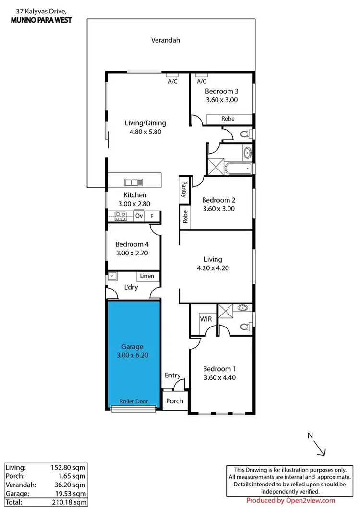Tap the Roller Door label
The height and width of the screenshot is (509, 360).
pyautogui.click(x=133, y=401)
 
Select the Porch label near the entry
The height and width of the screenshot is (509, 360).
pyautogui.click(x=174, y=401)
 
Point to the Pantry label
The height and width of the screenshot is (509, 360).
pyautogui.click(x=184, y=189)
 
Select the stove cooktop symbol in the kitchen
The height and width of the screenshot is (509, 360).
pyautogui.click(x=120, y=217)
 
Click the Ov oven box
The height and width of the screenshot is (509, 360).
pyautogui.click(x=139, y=217)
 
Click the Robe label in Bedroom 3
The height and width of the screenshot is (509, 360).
pyautogui.click(x=228, y=119)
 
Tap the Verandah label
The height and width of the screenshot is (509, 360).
pyautogui.click(x=165, y=40)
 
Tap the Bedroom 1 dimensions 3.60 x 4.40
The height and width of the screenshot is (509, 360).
pyautogui.click(x=219, y=377)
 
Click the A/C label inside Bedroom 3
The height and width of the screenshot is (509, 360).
pyautogui.click(x=202, y=82)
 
